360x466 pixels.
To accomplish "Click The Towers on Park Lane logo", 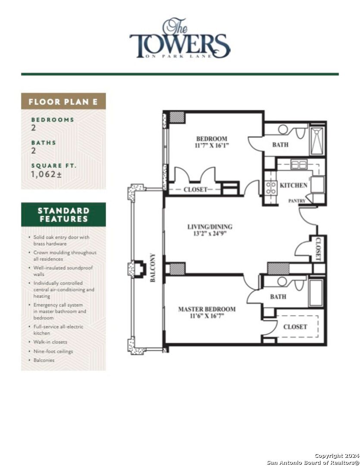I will click(x=180, y=39).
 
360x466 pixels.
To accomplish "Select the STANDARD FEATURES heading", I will click(x=63, y=214).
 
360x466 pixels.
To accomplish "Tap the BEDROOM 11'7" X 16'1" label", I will click(x=212, y=142).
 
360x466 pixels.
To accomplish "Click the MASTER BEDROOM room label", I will click(x=207, y=312).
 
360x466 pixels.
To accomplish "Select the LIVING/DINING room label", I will click(x=210, y=230).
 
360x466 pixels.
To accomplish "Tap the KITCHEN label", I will click(x=294, y=185).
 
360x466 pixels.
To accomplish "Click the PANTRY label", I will click(x=297, y=201).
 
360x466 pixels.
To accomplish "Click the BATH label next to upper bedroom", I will click(x=280, y=145).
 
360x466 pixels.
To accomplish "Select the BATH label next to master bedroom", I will click(x=278, y=297).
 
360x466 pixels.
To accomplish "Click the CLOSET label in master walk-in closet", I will click(x=295, y=327).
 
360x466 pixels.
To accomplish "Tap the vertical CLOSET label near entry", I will click(x=319, y=249).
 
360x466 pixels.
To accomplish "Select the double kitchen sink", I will click(x=298, y=164).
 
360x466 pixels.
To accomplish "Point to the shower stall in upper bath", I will click(x=317, y=141).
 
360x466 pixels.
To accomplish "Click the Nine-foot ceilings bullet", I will click(x=53, y=351).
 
